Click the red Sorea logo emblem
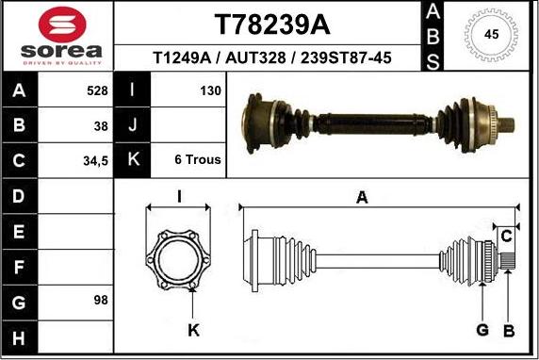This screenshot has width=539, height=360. coord(62,25)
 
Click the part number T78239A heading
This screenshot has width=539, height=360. coord(272,25)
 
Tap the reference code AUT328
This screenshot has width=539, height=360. coord(255,57)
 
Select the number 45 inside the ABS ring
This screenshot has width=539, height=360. coord(491,34)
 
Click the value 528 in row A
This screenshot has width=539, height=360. coord(97,90)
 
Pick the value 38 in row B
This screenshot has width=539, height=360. coord(101,126)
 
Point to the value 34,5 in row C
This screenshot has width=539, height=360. coord(95,161)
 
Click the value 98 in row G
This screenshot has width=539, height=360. coord(101,300)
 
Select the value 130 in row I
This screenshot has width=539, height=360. coord(210,90)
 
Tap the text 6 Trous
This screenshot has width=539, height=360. coord(198,159)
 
